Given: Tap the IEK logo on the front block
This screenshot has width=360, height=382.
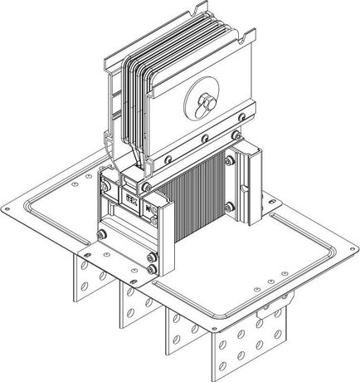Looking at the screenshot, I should (x=132, y=203).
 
